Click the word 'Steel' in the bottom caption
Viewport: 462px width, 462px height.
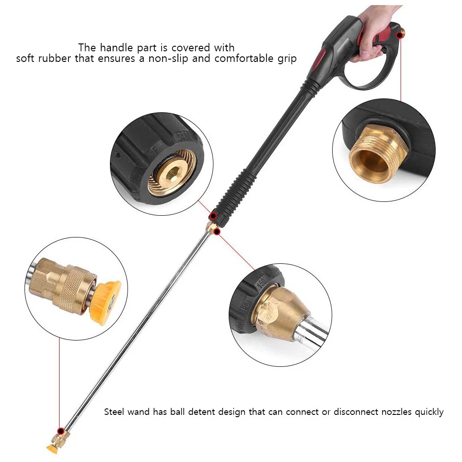click(x=114, y=412)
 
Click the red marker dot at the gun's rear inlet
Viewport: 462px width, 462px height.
click(x=400, y=36)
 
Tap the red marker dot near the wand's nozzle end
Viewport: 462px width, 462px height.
click(x=61, y=432)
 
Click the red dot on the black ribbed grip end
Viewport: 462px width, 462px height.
click(x=213, y=216)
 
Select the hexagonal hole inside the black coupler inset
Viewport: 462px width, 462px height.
click(x=172, y=174)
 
